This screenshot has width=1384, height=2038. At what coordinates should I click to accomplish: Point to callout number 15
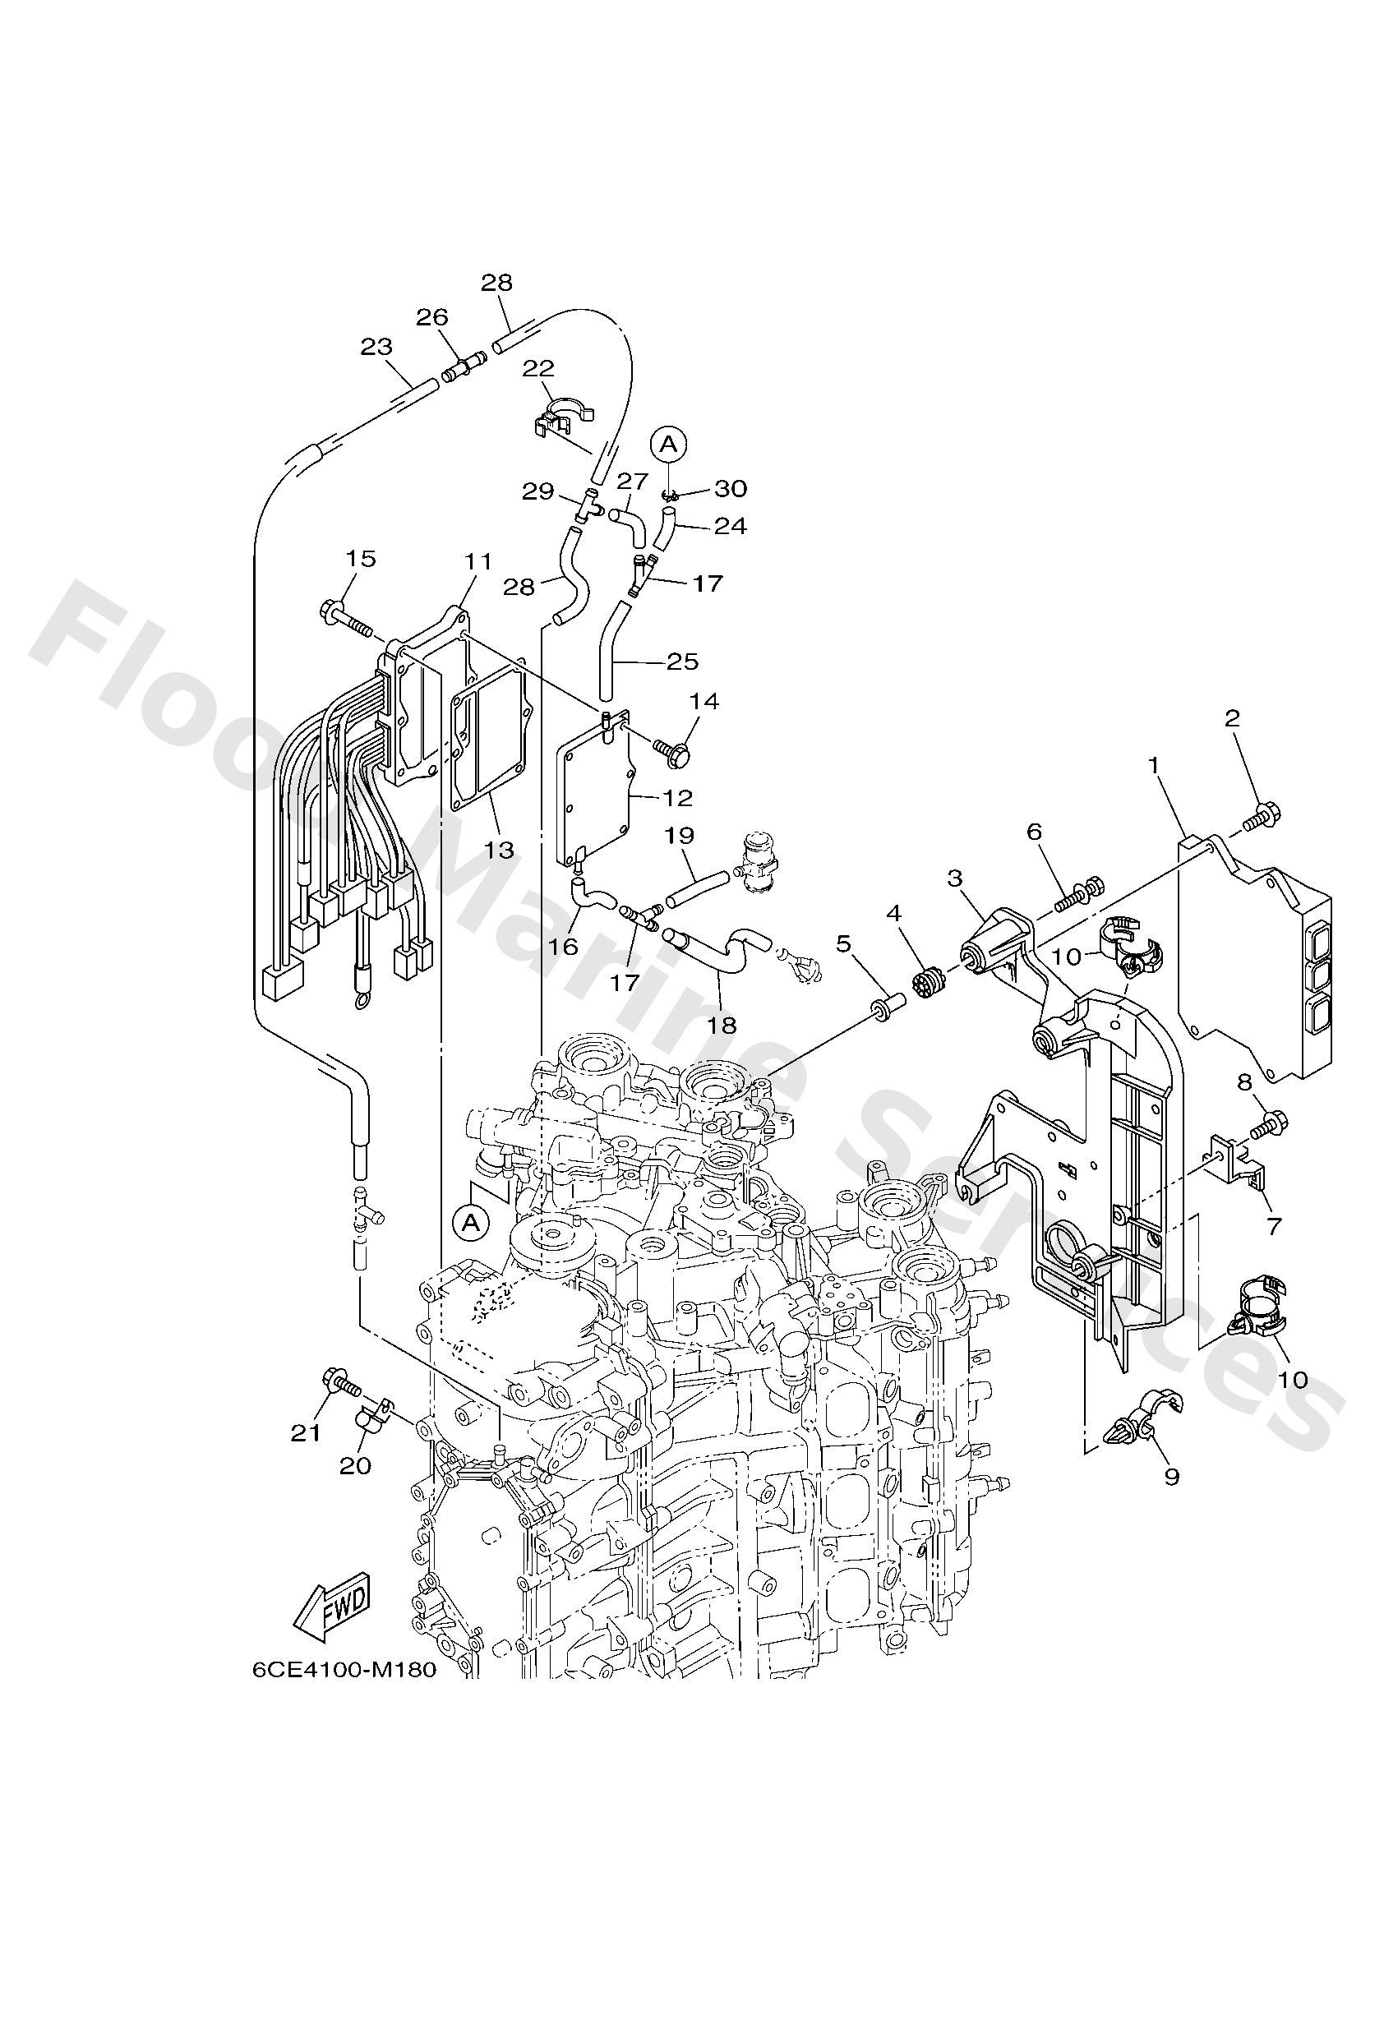pos(361,559)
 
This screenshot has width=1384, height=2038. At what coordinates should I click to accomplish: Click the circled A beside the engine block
pos(472,1223)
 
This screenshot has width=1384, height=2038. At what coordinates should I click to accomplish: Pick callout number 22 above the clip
pos(538,368)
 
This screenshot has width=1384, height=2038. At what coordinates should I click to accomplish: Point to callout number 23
pos(376,347)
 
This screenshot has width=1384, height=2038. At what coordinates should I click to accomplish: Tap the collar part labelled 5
pos(885,1007)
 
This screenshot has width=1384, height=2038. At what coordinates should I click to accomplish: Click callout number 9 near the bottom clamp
pos(1172,1477)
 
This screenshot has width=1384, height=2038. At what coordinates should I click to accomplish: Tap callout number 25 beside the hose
pos(683,662)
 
